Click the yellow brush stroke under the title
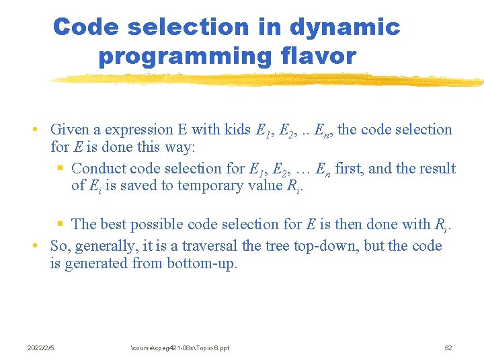click(x=269, y=80)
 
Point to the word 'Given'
click(x=70, y=130)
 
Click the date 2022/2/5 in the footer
click(x=40, y=348)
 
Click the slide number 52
click(x=448, y=348)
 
